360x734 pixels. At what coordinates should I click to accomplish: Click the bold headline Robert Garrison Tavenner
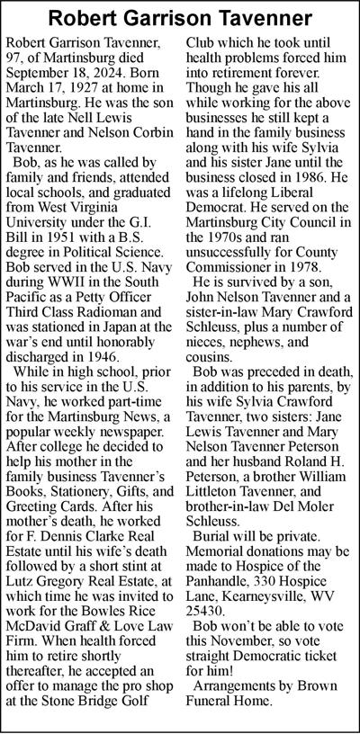tap(180, 19)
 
